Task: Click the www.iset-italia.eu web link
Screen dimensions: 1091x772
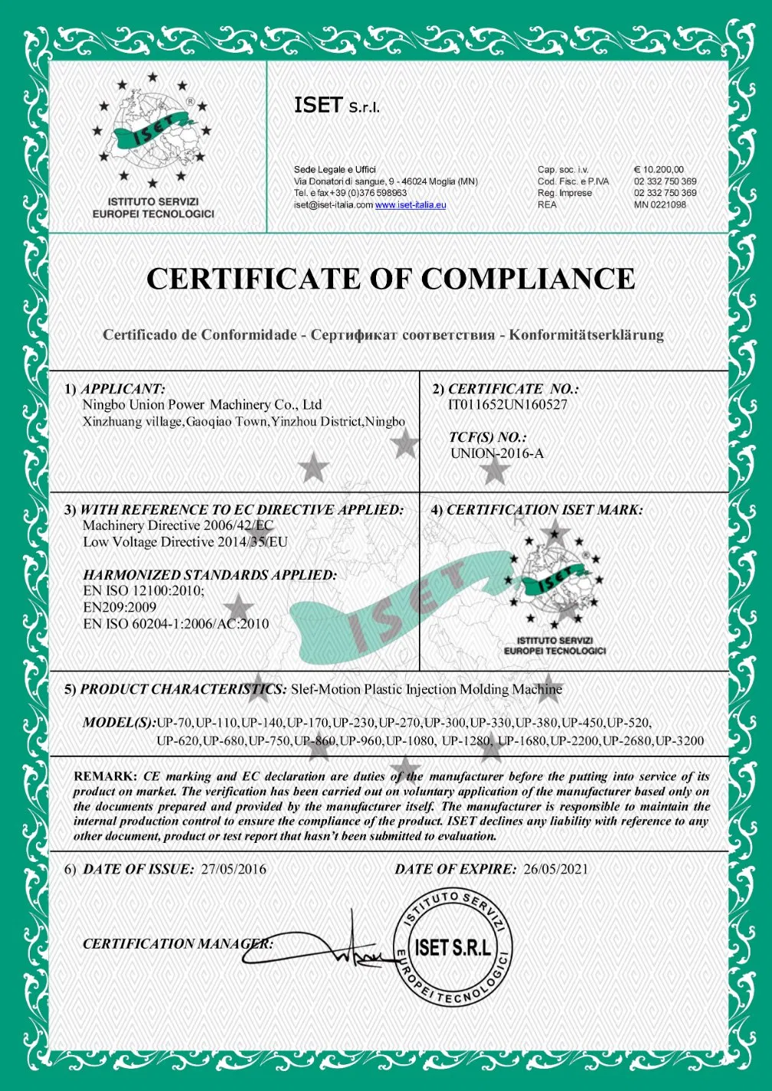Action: click(411, 205)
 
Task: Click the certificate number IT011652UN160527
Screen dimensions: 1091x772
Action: click(508, 405)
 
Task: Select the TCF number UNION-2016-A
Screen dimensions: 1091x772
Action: click(497, 453)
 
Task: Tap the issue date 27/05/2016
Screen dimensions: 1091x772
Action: click(234, 869)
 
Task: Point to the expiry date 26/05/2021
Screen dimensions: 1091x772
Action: click(556, 869)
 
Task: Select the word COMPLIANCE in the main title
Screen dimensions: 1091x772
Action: click(528, 279)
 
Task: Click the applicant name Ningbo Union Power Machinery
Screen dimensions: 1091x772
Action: click(202, 405)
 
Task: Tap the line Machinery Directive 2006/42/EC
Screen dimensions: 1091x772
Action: click(178, 526)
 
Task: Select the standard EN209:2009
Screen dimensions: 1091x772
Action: click(119, 607)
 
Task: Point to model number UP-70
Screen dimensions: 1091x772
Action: click(175, 722)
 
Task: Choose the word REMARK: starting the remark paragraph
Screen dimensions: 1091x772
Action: click(105, 776)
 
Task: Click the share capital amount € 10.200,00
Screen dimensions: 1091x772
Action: click(659, 170)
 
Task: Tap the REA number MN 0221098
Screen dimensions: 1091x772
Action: click(659, 204)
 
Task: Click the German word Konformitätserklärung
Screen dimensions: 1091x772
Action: click(587, 335)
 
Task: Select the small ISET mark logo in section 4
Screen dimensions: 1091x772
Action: click(554, 586)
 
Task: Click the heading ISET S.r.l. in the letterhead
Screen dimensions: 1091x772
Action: click(337, 106)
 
